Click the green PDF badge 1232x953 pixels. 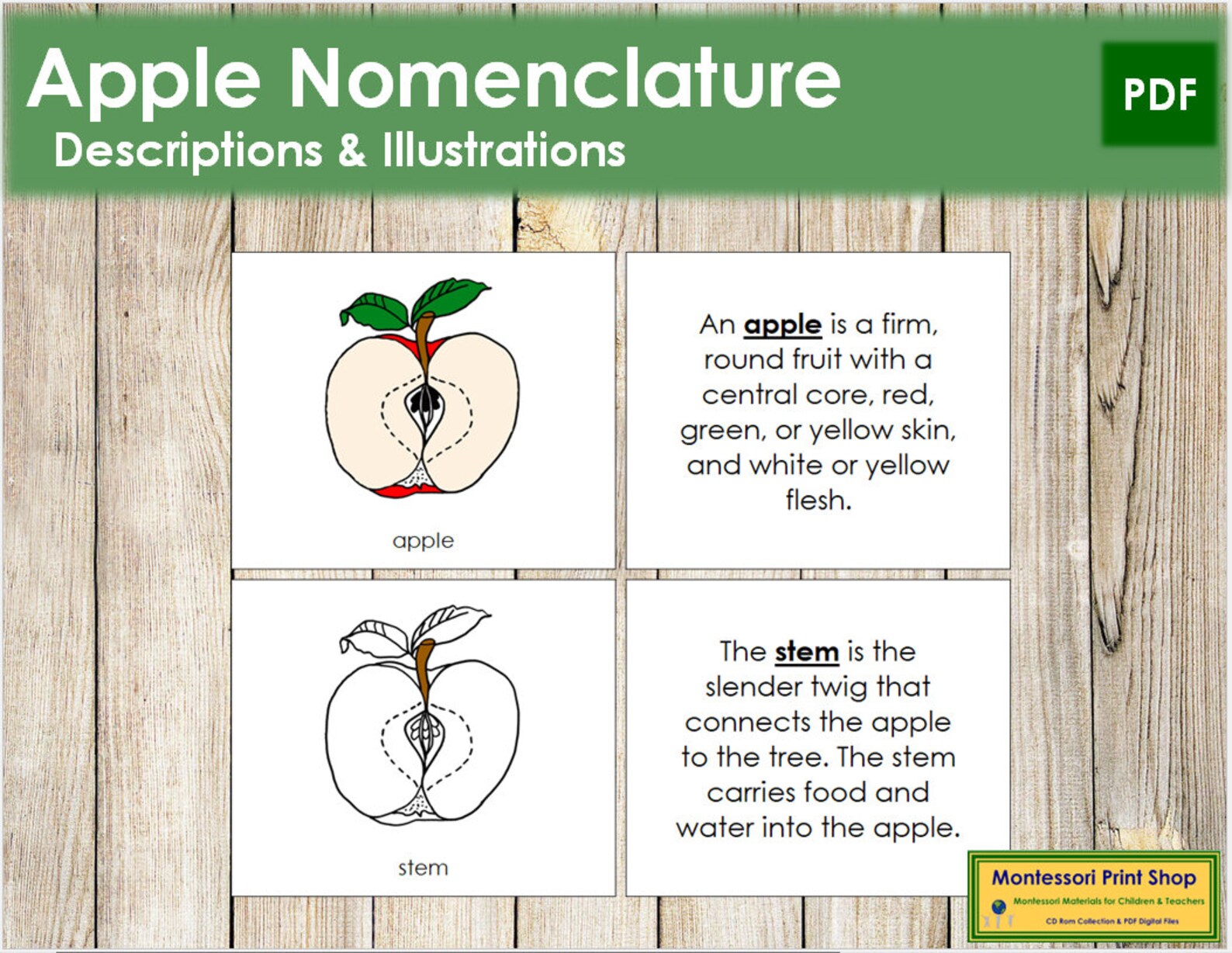tap(1159, 94)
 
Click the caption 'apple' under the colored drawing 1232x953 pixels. tap(423, 540)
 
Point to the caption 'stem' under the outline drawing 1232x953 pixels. tap(423, 868)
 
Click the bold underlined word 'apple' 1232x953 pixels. tap(782, 325)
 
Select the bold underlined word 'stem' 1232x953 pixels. tap(806, 652)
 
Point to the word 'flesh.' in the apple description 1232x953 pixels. tap(818, 501)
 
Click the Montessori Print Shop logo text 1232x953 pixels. tap(1093, 878)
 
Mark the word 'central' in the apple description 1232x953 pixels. tap(749, 395)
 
